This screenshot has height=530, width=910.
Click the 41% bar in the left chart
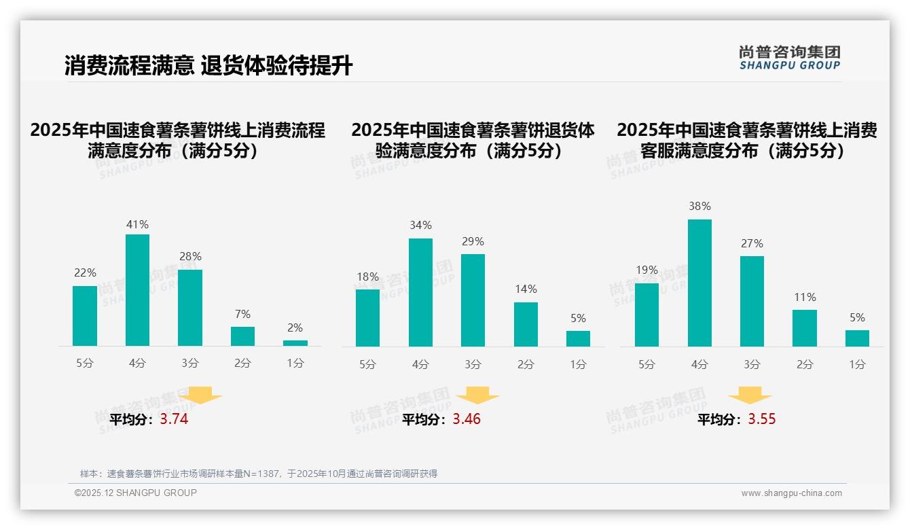[x=137, y=290]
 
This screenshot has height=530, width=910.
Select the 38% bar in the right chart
[x=699, y=283]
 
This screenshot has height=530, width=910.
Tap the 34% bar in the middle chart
[x=420, y=292]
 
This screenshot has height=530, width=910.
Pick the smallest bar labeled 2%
[x=295, y=343]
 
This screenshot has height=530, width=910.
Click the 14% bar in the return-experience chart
[x=526, y=324]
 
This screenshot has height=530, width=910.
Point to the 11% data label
[x=805, y=297]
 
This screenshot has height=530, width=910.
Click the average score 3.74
[x=174, y=419]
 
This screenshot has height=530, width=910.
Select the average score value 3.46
[x=467, y=419]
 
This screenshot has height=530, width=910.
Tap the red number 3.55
[x=762, y=419]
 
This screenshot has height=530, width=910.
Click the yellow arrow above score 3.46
[x=477, y=395]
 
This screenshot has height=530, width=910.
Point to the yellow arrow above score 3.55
[x=750, y=395]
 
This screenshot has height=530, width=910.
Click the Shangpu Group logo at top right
[x=789, y=58]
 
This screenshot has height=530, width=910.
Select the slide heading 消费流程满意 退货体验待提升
[x=208, y=66]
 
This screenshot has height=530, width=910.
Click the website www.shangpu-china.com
[x=791, y=493]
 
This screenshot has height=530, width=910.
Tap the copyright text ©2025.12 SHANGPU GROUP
[x=136, y=493]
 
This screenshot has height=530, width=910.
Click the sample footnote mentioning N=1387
[x=259, y=474]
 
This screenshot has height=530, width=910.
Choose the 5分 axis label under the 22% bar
[x=85, y=364]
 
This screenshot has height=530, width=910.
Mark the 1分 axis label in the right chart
[x=857, y=365]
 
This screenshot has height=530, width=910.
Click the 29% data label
[x=473, y=242]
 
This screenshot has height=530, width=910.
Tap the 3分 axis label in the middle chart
[x=473, y=365]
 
